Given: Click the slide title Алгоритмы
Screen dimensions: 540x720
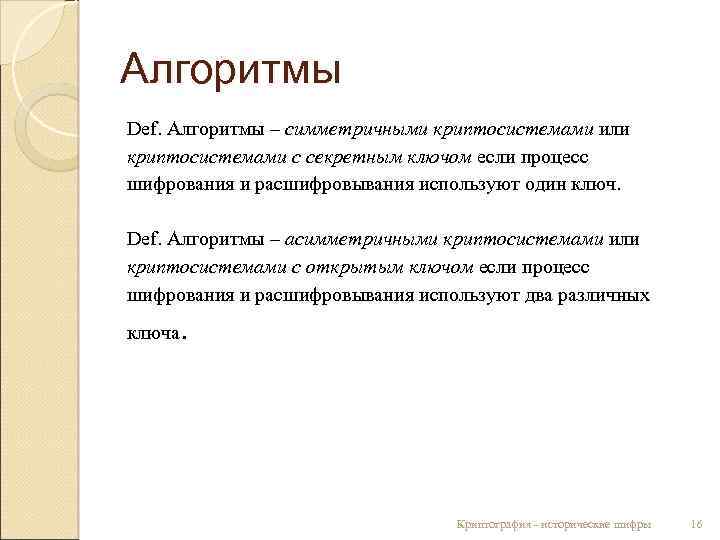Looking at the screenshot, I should [x=231, y=71].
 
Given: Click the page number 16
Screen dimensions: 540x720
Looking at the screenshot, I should [x=696, y=524].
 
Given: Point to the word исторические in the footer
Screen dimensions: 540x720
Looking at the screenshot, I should [x=582, y=524].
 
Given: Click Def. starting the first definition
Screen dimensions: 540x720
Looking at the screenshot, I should [x=144, y=130].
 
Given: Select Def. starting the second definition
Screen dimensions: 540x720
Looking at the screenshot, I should [x=144, y=240].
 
